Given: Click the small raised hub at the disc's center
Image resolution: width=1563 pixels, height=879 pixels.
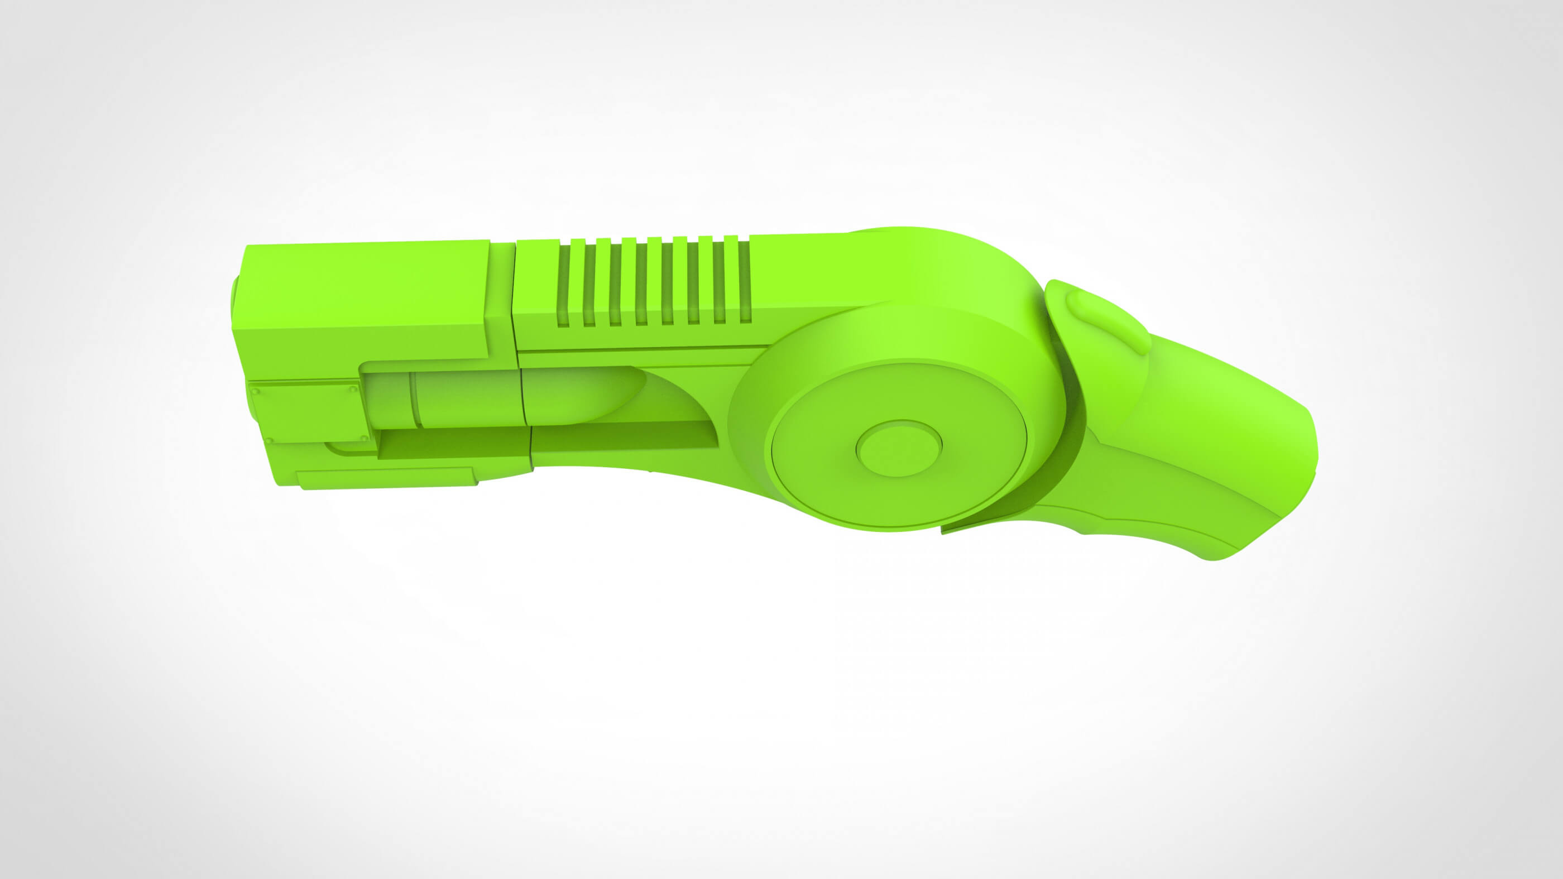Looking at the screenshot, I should click(x=899, y=448).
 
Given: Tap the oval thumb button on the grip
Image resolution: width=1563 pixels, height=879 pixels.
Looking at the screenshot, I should click(x=1108, y=321).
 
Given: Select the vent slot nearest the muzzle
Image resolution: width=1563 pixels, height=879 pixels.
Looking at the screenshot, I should click(x=564, y=284).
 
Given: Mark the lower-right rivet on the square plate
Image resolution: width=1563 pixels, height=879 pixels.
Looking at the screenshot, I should click(x=363, y=438).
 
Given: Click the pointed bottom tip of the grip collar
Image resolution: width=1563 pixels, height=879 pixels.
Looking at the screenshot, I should click(x=944, y=530).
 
